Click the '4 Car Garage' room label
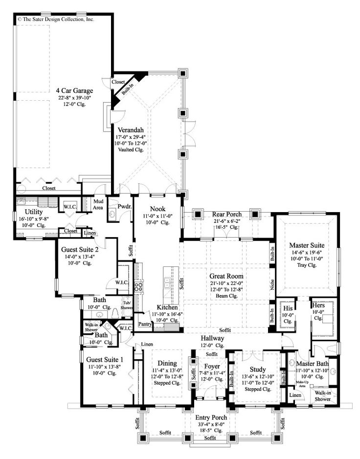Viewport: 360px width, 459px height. tap(74, 90)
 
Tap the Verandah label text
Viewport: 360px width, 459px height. tap(130, 130)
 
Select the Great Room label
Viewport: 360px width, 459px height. tap(224, 276)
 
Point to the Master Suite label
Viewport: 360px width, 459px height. tap(307, 244)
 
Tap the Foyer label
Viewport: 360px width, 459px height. tap(212, 366)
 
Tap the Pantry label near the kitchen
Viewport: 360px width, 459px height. tap(145, 324)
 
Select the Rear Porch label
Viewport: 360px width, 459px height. tap(225, 214)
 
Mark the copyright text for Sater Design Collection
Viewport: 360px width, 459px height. tap(56, 20)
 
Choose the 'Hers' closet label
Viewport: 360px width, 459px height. tap(318, 305)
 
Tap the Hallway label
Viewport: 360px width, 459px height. tap(212, 338)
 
